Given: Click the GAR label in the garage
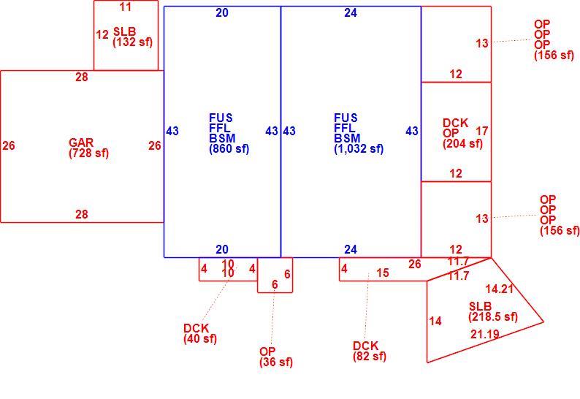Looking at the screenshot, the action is pyautogui.click(x=81, y=142).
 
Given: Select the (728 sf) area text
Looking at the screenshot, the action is pyautogui.click(x=89, y=153).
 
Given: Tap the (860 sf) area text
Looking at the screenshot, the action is pyautogui.click(x=229, y=148).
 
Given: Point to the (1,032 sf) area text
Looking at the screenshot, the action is pyautogui.click(x=359, y=148).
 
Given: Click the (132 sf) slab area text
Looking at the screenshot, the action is pyautogui.click(x=132, y=42).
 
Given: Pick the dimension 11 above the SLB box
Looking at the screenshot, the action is pyautogui.click(x=126, y=7).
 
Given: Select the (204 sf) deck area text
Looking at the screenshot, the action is pyautogui.click(x=462, y=143).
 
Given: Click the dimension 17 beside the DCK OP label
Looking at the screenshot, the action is pyautogui.click(x=482, y=131).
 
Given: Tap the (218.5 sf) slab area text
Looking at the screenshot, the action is pyautogui.click(x=493, y=316).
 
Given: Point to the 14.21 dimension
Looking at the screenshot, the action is pyautogui.click(x=500, y=289).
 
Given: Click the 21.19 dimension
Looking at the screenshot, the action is pyautogui.click(x=485, y=334).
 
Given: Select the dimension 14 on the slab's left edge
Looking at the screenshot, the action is pyautogui.click(x=435, y=321).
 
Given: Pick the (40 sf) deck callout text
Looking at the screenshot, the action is pyautogui.click(x=200, y=338).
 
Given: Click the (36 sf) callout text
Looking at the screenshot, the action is pyautogui.click(x=276, y=362).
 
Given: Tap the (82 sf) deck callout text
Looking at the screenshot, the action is pyautogui.click(x=370, y=356).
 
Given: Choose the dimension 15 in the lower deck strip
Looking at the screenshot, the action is pyautogui.click(x=383, y=273).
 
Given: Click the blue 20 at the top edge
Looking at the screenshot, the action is pyautogui.click(x=222, y=12).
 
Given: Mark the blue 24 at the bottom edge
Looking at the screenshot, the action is pyautogui.click(x=351, y=249).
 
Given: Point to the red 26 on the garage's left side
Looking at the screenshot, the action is pyautogui.click(x=9, y=145).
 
